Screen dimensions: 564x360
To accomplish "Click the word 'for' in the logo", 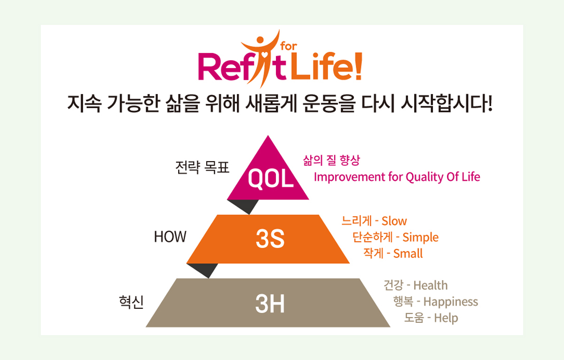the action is (289, 47).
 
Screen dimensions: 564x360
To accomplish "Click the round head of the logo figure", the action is (260, 40).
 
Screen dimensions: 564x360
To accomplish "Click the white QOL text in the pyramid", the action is (271, 178).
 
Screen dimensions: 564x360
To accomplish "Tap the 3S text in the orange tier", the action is (270, 239).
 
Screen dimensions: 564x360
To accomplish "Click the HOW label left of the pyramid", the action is (170, 237).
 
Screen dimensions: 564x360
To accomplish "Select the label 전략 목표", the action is (203, 167).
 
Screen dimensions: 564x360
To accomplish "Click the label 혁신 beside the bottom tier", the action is (131, 302).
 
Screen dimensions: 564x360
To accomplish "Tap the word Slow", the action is (394, 221).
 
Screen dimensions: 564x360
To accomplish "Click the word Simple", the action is (421, 238).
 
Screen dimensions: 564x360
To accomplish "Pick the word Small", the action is (408, 253).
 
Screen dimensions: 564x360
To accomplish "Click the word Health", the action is (431, 285).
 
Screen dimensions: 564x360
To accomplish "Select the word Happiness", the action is (451, 302).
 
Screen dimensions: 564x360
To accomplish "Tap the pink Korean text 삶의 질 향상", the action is (332, 160).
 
